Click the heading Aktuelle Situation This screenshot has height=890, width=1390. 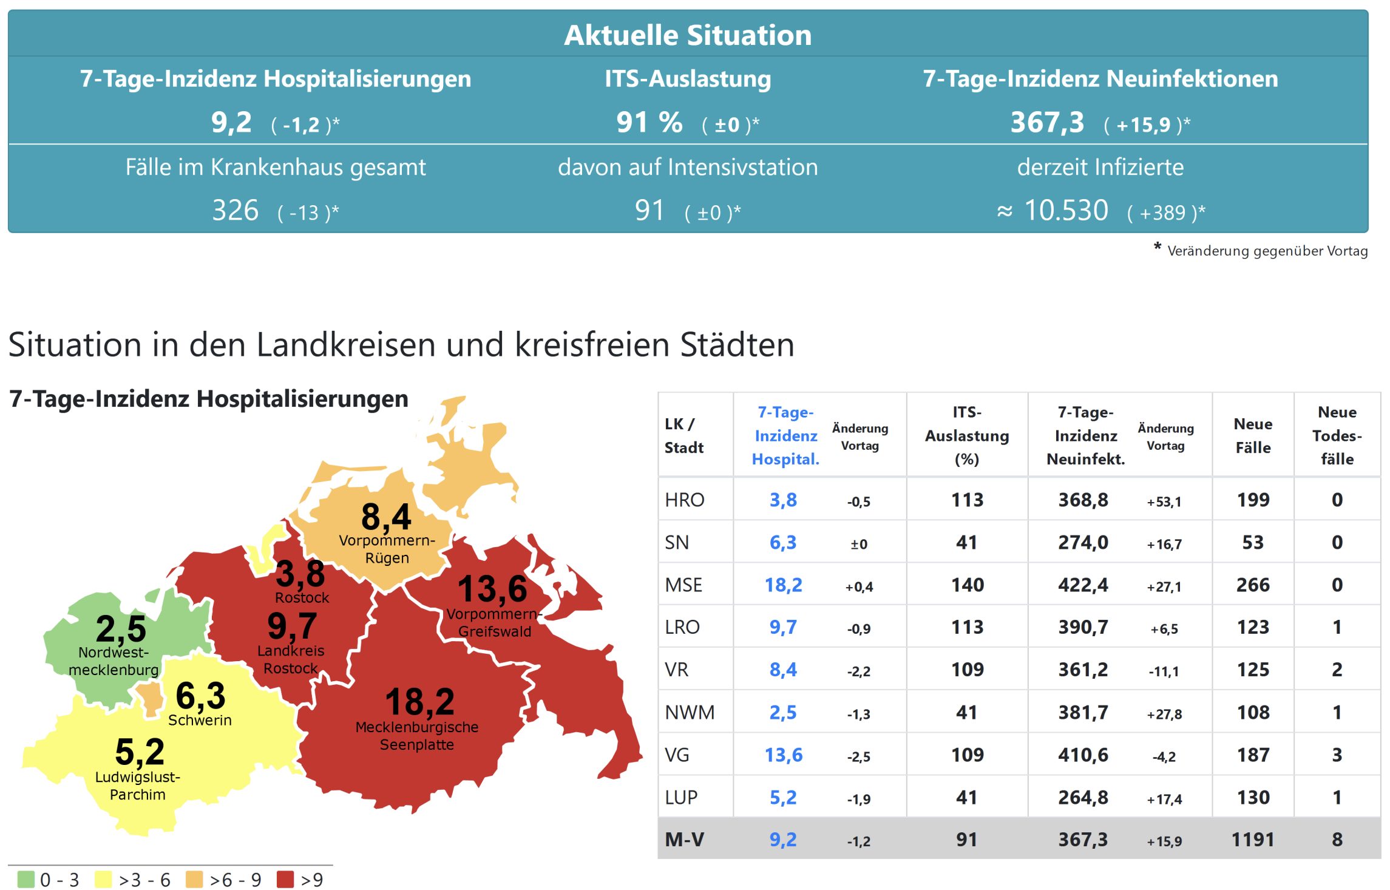coord(688,35)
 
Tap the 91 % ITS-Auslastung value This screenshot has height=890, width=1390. coord(649,123)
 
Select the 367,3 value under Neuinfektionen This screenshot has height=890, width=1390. coord(1047,123)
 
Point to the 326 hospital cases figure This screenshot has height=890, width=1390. coord(236,211)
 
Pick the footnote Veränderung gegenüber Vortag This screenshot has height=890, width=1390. coord(1267,251)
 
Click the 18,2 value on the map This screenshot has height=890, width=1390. coord(419,702)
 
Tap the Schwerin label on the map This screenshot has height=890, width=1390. coord(200,720)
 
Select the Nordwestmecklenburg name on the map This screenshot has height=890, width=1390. coord(114,661)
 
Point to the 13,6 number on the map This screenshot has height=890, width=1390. coord(492,589)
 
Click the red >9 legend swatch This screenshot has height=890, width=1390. coord(285,879)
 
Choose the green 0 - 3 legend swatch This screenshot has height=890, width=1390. coord(26,879)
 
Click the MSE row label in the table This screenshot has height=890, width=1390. coord(683,585)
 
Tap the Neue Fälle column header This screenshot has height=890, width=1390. coord(1253,435)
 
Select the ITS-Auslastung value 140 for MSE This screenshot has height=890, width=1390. coord(967,585)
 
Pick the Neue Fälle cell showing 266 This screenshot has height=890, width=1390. coord(1253,585)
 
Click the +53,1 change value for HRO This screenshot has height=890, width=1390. coord(1164,501)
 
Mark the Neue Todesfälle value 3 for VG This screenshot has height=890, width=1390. coord(1337,755)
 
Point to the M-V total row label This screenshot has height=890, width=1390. coord(684,840)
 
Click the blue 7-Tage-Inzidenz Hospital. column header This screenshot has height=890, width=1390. coord(785,435)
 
